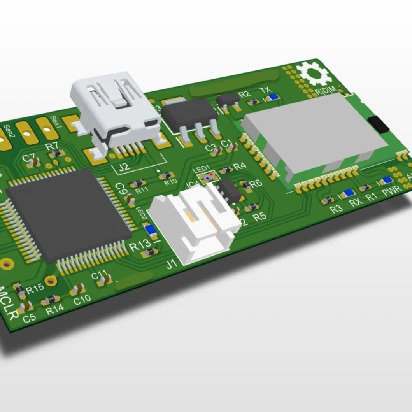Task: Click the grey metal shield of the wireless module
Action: [x=315, y=134]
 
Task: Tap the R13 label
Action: [x=140, y=245]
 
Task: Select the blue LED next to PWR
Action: [x=386, y=181]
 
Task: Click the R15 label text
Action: [x=35, y=289]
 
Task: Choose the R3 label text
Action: [x=336, y=209]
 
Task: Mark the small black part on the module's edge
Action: [x=379, y=123]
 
